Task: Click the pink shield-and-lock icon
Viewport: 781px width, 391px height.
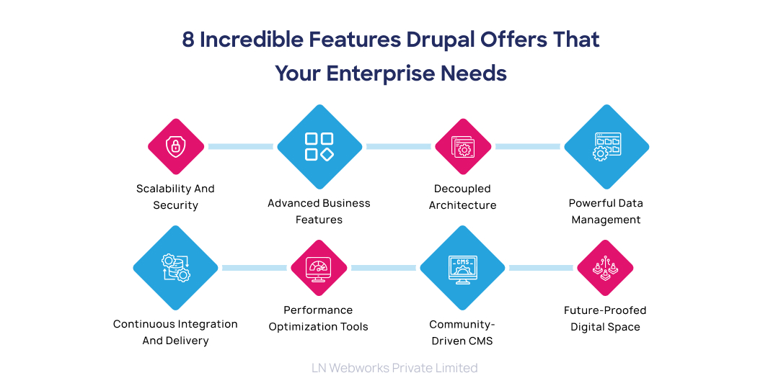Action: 175,147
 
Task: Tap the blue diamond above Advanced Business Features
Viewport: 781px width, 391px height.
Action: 319,147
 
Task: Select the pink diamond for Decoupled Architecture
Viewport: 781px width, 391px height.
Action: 463,147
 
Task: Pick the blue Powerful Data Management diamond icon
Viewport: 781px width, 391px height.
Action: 606,147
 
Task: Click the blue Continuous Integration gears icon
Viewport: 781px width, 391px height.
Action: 175,268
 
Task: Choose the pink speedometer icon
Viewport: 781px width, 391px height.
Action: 319,268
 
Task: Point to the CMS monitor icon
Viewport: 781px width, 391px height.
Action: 462,268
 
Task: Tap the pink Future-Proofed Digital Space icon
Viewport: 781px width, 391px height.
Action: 605,268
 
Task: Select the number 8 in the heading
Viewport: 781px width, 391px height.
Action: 188,40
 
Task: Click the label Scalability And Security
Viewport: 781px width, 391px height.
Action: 175,197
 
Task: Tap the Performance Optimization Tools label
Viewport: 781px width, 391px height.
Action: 319,318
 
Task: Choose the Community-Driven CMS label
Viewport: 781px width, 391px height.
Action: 462,333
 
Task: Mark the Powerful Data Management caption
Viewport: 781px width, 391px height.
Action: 606,212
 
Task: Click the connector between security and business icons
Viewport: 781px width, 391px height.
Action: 240,147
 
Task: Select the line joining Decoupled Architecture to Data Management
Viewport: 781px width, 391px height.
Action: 527,147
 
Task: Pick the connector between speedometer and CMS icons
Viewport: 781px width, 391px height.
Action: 383,268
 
